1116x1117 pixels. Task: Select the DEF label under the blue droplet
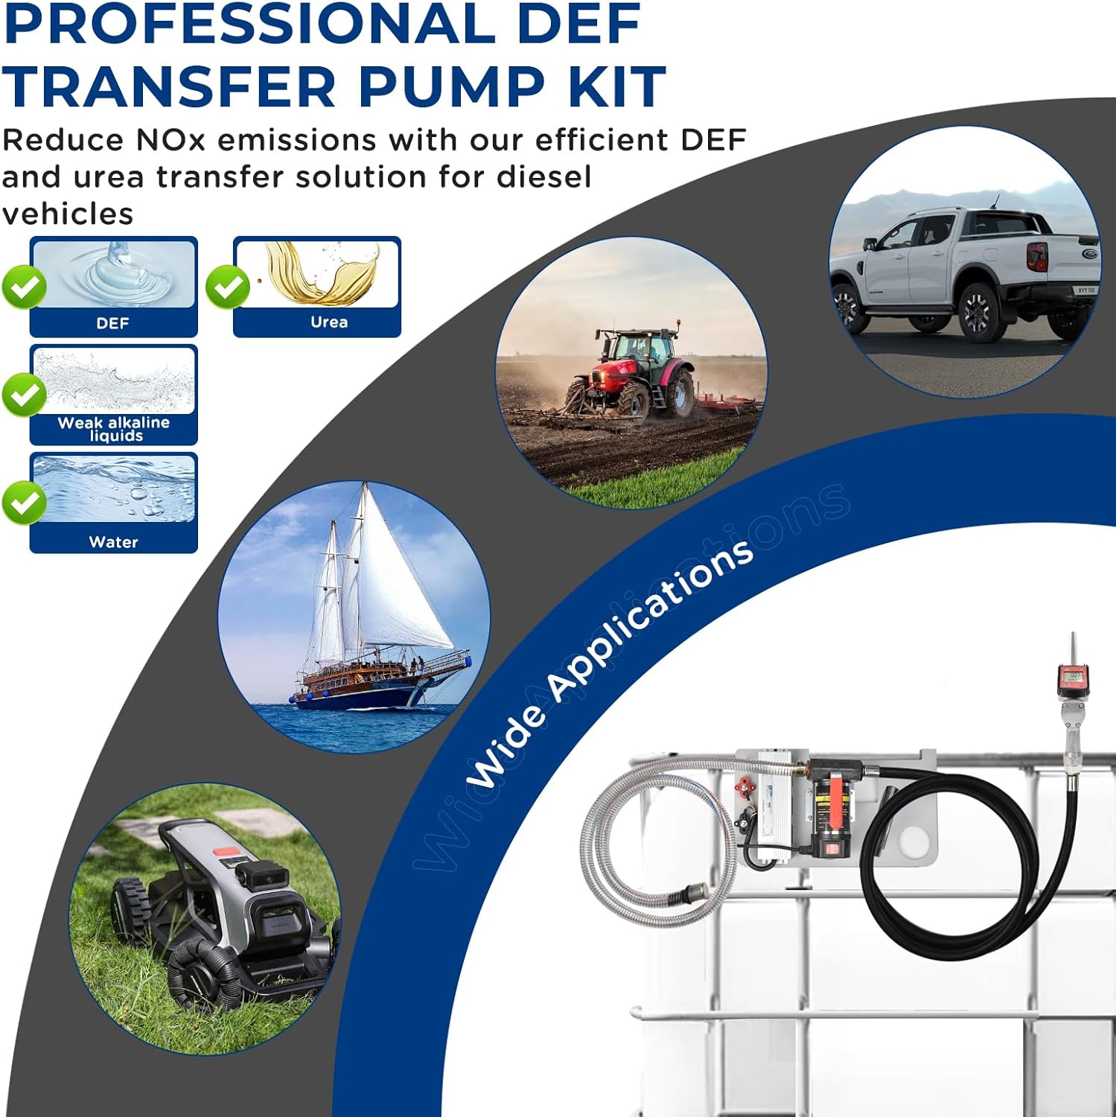coord(112,323)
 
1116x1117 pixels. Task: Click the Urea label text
coord(329,322)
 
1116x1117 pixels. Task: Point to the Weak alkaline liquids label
coord(114,428)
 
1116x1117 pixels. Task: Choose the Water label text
coord(113,542)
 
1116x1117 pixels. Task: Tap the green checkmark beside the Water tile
coord(24,503)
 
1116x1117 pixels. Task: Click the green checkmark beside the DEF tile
coord(24,287)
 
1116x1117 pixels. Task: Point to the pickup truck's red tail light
coord(1036,256)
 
